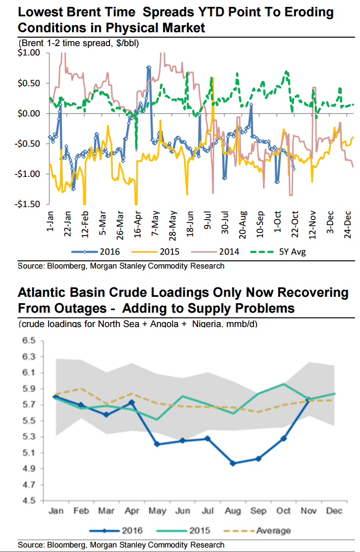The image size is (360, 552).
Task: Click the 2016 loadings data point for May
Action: pos(157,444)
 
